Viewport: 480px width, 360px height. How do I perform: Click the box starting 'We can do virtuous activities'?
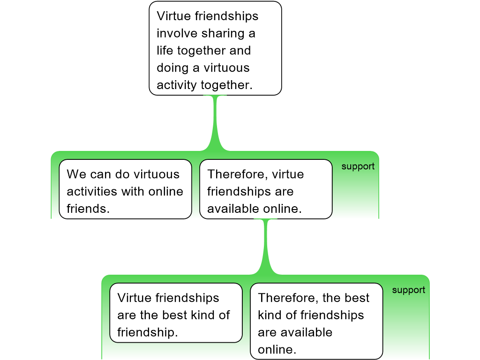pos(125,189)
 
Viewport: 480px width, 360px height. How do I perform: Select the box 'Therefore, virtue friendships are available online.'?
pos(266,189)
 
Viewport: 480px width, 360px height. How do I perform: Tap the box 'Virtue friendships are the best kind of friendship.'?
pos(176,313)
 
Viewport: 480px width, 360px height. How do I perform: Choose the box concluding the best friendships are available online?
pos(316,321)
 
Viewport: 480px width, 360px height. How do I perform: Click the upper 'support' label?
pos(358,166)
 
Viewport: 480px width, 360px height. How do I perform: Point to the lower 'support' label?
pos(408,290)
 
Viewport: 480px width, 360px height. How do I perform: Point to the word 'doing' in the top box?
pos(172,68)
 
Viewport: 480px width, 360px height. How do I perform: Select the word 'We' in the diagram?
pos(75,174)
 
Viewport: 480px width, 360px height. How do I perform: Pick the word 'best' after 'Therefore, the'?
pos(357,298)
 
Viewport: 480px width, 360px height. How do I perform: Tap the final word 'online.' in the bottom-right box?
pos(277,350)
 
